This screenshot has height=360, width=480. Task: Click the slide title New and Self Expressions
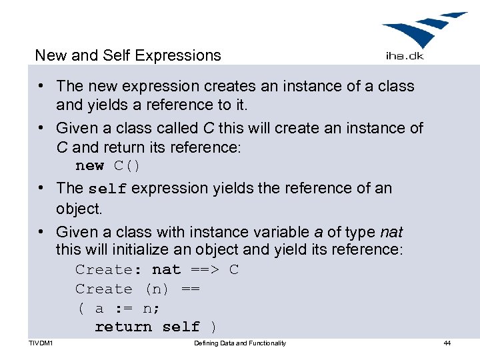coord(127,55)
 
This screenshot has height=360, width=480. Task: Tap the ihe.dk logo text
coord(405,56)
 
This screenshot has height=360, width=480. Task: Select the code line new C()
coord(107,165)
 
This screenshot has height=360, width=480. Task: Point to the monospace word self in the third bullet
coord(107,189)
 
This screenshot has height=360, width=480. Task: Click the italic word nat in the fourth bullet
coord(391,232)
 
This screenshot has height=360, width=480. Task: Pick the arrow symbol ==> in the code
coord(205,269)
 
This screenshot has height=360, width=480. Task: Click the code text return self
coord(147,327)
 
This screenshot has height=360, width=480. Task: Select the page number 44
coord(447,343)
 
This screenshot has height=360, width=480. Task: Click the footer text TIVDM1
coord(41,343)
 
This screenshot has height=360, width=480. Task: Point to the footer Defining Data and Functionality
coord(240,343)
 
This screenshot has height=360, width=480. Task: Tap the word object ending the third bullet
coord(78,209)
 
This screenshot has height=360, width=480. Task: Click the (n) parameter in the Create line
coord(157,289)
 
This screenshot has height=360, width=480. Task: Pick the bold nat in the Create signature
coord(166,269)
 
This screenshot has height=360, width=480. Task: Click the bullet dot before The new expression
coord(41,86)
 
